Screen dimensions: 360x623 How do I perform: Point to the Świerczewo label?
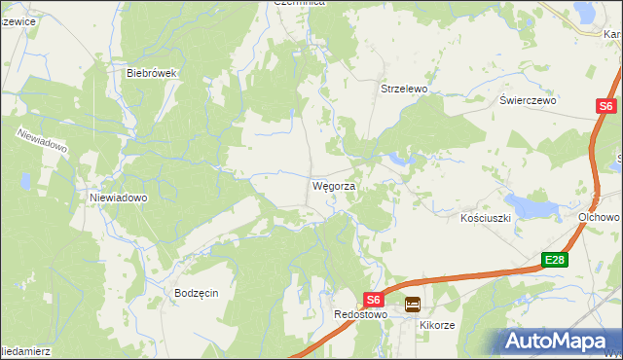tap(527, 100)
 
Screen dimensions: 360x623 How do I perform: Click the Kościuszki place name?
tap(486, 219)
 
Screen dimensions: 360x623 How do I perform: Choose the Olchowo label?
tap(600, 218)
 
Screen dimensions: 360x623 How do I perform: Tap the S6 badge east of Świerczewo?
tap(605, 106)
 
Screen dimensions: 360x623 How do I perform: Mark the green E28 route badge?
tap(554, 260)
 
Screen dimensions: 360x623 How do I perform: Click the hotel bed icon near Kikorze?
tap(413, 304)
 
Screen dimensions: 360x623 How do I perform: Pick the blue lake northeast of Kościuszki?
tap(531, 205)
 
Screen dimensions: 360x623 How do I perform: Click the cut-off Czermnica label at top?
tap(298, 4)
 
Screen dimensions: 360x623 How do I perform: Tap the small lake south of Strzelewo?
tap(399, 158)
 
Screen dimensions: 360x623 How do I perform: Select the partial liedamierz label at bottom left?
tap(20, 349)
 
